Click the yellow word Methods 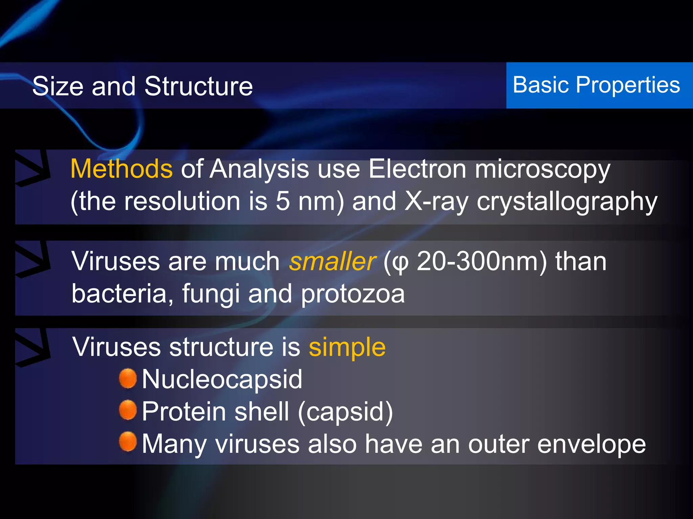(x=121, y=169)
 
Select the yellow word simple (x=347, y=347)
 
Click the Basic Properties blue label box (x=599, y=85)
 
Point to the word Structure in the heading (x=199, y=86)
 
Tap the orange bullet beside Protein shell (x=128, y=410)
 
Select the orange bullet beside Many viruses (x=128, y=442)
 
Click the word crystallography (x=567, y=202)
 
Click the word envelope (x=591, y=444)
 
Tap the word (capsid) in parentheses (x=345, y=412)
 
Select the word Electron (x=417, y=169)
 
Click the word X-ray (x=437, y=202)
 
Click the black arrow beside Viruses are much (x=32, y=259)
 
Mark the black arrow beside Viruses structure (x=32, y=348)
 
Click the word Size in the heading (x=58, y=86)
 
